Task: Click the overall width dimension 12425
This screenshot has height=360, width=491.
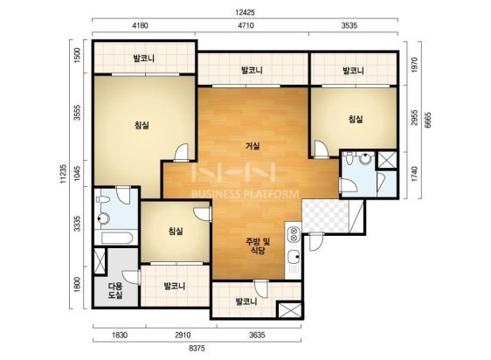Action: point(245,12)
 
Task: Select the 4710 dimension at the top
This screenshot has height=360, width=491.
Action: point(245,25)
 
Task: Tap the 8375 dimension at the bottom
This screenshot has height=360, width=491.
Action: point(197,348)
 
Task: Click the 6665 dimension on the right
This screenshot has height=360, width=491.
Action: point(428,120)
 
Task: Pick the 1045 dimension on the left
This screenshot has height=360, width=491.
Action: point(77,173)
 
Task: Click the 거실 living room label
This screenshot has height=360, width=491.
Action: point(252,146)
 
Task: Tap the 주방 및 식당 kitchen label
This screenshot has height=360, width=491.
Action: point(258,246)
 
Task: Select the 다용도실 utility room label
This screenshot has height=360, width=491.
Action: point(115,290)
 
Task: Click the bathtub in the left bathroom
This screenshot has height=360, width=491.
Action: point(117,239)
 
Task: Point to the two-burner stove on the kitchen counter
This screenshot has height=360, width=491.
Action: point(294,235)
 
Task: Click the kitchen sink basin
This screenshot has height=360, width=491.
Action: point(294,257)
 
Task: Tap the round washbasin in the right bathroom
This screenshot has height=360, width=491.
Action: point(365,158)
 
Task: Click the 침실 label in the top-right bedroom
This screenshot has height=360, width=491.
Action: point(356,119)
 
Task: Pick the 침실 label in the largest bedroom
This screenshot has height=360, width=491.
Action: point(142,125)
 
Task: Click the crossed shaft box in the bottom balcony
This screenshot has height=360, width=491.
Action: point(290,309)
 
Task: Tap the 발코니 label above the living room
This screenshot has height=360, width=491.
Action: point(252,70)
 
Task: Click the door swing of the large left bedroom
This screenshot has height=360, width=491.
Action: point(182,152)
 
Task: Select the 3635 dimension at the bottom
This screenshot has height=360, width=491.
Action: point(258,335)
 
